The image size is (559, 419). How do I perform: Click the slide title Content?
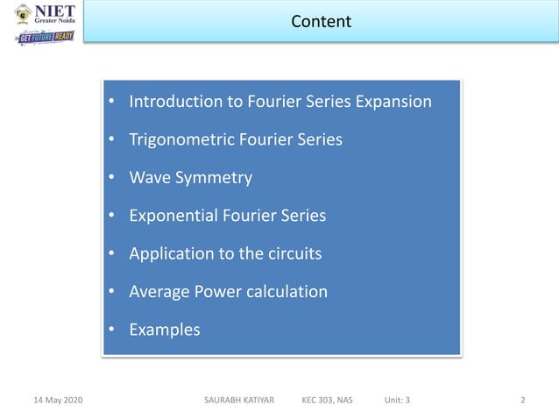321,21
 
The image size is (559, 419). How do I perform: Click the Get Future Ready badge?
46,38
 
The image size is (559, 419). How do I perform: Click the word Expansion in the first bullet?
393,102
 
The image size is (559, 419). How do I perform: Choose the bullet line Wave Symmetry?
190,178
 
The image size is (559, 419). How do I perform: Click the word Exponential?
175,216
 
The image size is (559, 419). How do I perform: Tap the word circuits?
292,254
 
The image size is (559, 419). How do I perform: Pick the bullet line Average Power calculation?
228,292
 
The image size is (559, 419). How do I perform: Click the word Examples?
164,330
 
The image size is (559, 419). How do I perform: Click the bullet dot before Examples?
111,331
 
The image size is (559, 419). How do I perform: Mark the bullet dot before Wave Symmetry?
111,179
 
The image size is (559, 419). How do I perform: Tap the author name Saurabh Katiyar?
238,401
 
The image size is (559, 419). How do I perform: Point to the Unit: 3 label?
397,401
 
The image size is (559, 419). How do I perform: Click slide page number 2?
523,401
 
